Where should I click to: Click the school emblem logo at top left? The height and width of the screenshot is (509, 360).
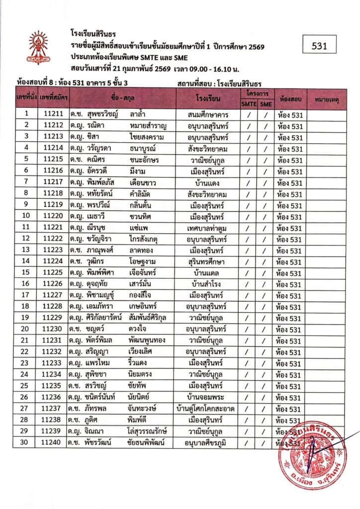(38, 47)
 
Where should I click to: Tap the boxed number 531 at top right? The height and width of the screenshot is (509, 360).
(320, 46)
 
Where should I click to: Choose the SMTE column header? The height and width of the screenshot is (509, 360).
(249, 104)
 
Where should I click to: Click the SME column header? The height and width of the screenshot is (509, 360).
(266, 104)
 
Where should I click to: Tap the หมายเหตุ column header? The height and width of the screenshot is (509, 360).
(326, 100)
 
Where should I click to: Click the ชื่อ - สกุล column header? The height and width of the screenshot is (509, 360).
(121, 100)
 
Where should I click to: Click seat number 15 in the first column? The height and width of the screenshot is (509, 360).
(26, 273)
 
